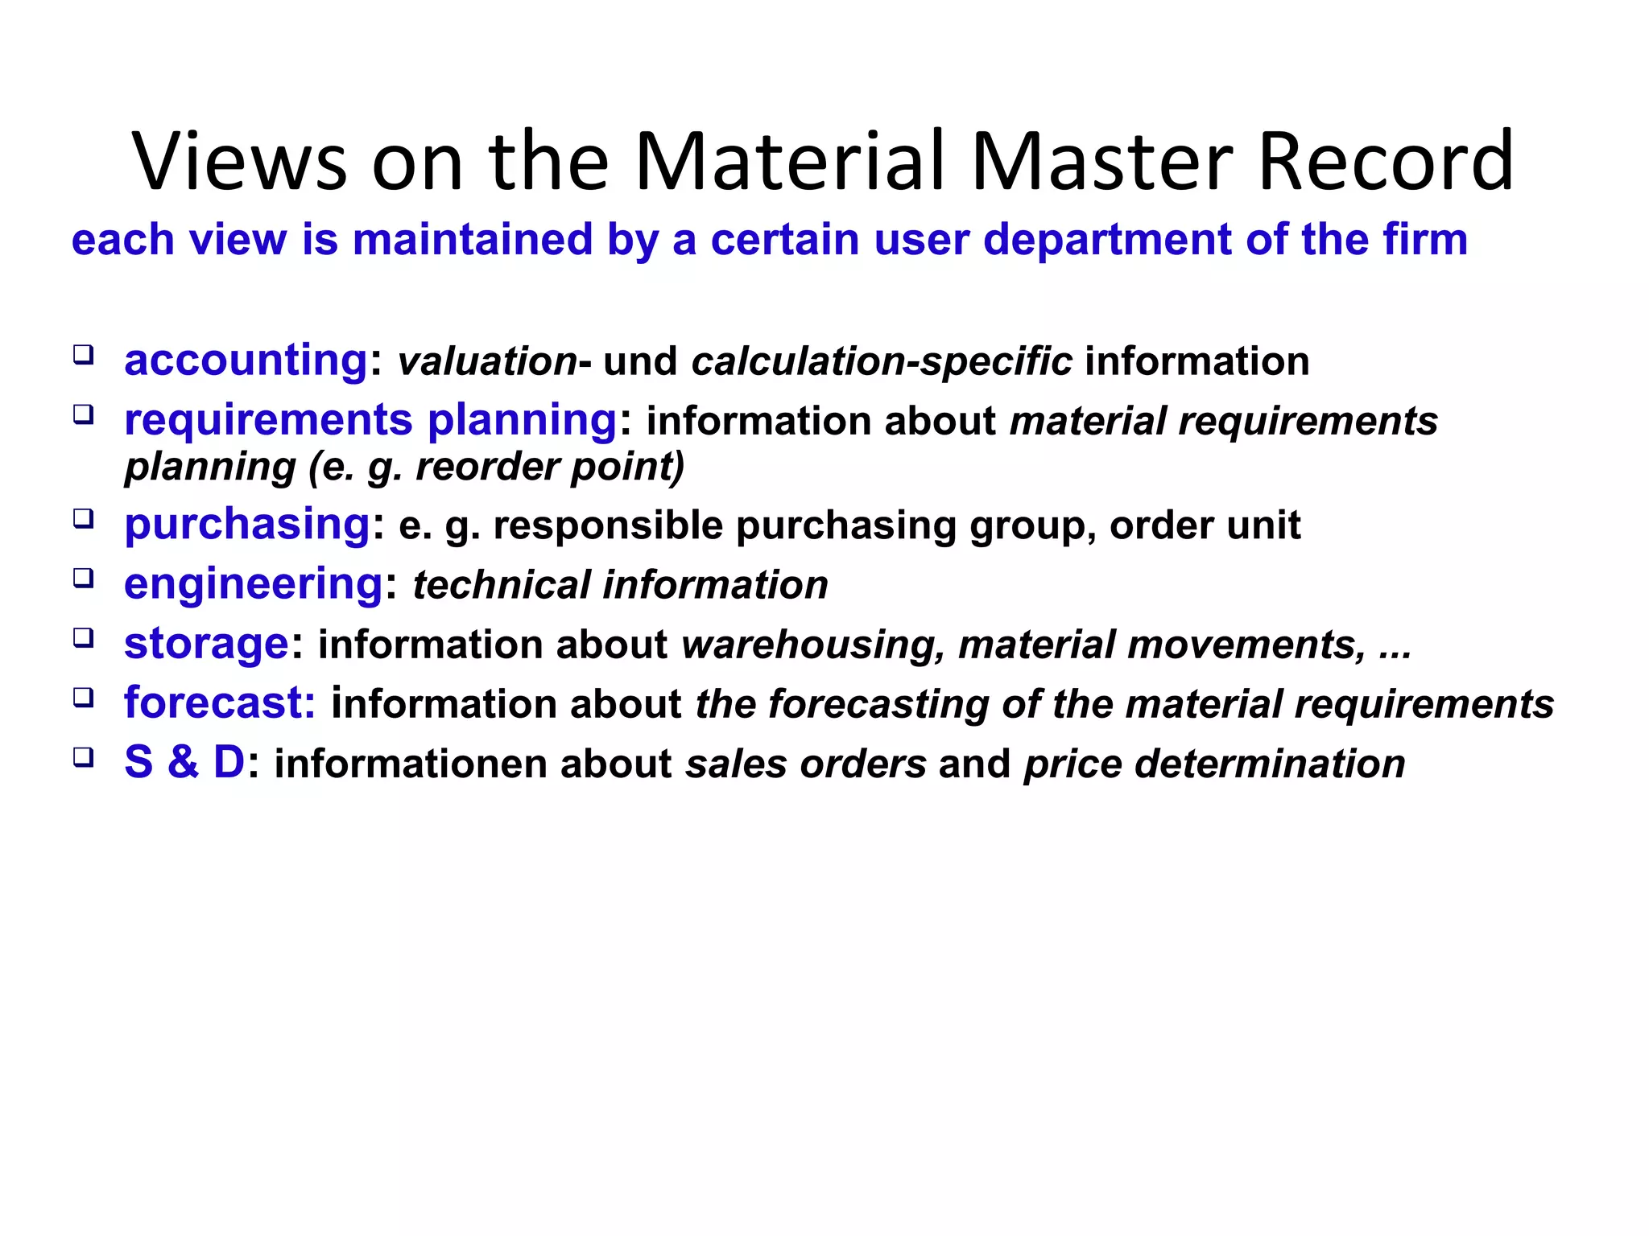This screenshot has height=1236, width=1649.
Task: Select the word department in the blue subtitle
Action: pyautogui.click(x=1107, y=241)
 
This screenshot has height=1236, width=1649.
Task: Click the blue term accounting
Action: pyautogui.click(x=246, y=360)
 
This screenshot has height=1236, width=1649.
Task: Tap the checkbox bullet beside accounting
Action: pyautogui.click(x=83, y=355)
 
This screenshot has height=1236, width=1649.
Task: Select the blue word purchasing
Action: pyautogui.click(x=247, y=525)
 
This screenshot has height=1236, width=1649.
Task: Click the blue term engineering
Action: pyautogui.click(x=253, y=583)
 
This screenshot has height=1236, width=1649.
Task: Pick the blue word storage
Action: pyautogui.click(x=206, y=644)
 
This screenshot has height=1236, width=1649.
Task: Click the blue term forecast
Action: pyautogui.click(x=219, y=702)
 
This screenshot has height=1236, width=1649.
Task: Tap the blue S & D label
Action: pyautogui.click(x=184, y=762)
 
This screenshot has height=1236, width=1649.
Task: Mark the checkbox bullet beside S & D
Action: pyautogui.click(x=83, y=757)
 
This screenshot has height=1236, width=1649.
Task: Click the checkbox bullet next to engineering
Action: pyautogui.click(x=83, y=578)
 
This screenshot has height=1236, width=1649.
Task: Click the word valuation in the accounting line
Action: pyautogui.click(x=487, y=361)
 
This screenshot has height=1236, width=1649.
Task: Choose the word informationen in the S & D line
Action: pyautogui.click(x=411, y=764)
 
